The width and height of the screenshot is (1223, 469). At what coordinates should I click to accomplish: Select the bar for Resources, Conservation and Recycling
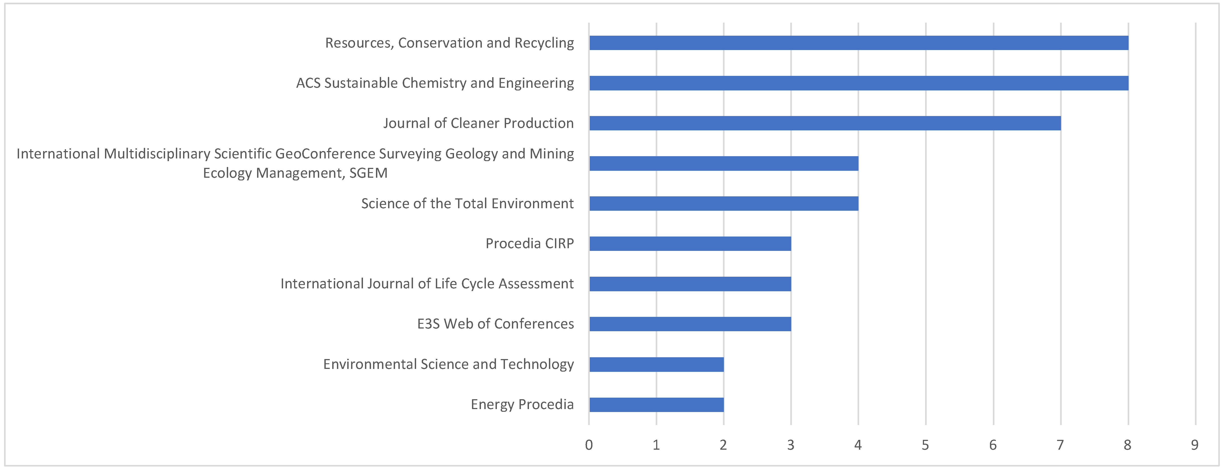tap(858, 43)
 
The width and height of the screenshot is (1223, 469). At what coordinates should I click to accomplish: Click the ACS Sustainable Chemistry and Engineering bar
tap(858, 83)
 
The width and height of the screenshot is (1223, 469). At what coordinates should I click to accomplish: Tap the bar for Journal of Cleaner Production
tap(825, 123)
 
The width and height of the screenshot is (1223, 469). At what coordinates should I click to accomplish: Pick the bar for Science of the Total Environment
tap(723, 203)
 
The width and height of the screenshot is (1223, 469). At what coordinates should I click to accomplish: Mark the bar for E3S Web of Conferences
tap(690, 324)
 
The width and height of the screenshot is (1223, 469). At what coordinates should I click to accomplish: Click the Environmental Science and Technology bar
tap(656, 364)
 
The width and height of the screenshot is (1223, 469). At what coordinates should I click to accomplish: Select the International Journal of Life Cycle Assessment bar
tap(690, 284)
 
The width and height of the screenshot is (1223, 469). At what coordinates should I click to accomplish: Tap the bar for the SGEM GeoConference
tap(723, 163)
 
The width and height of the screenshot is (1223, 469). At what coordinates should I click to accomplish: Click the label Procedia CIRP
tap(529, 243)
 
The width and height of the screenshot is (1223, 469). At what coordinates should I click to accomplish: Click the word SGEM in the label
tap(368, 173)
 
